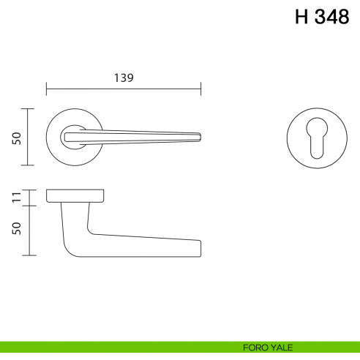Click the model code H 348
(x=322, y=18)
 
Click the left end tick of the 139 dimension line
(x=46, y=90)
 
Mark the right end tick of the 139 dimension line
(x=201, y=90)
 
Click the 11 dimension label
(x=16, y=198)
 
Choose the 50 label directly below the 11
(x=16, y=229)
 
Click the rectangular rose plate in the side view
(x=75, y=195)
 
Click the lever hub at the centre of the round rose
(x=72, y=135)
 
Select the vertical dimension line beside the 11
(x=29, y=198)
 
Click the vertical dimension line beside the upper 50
(x=29, y=137)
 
